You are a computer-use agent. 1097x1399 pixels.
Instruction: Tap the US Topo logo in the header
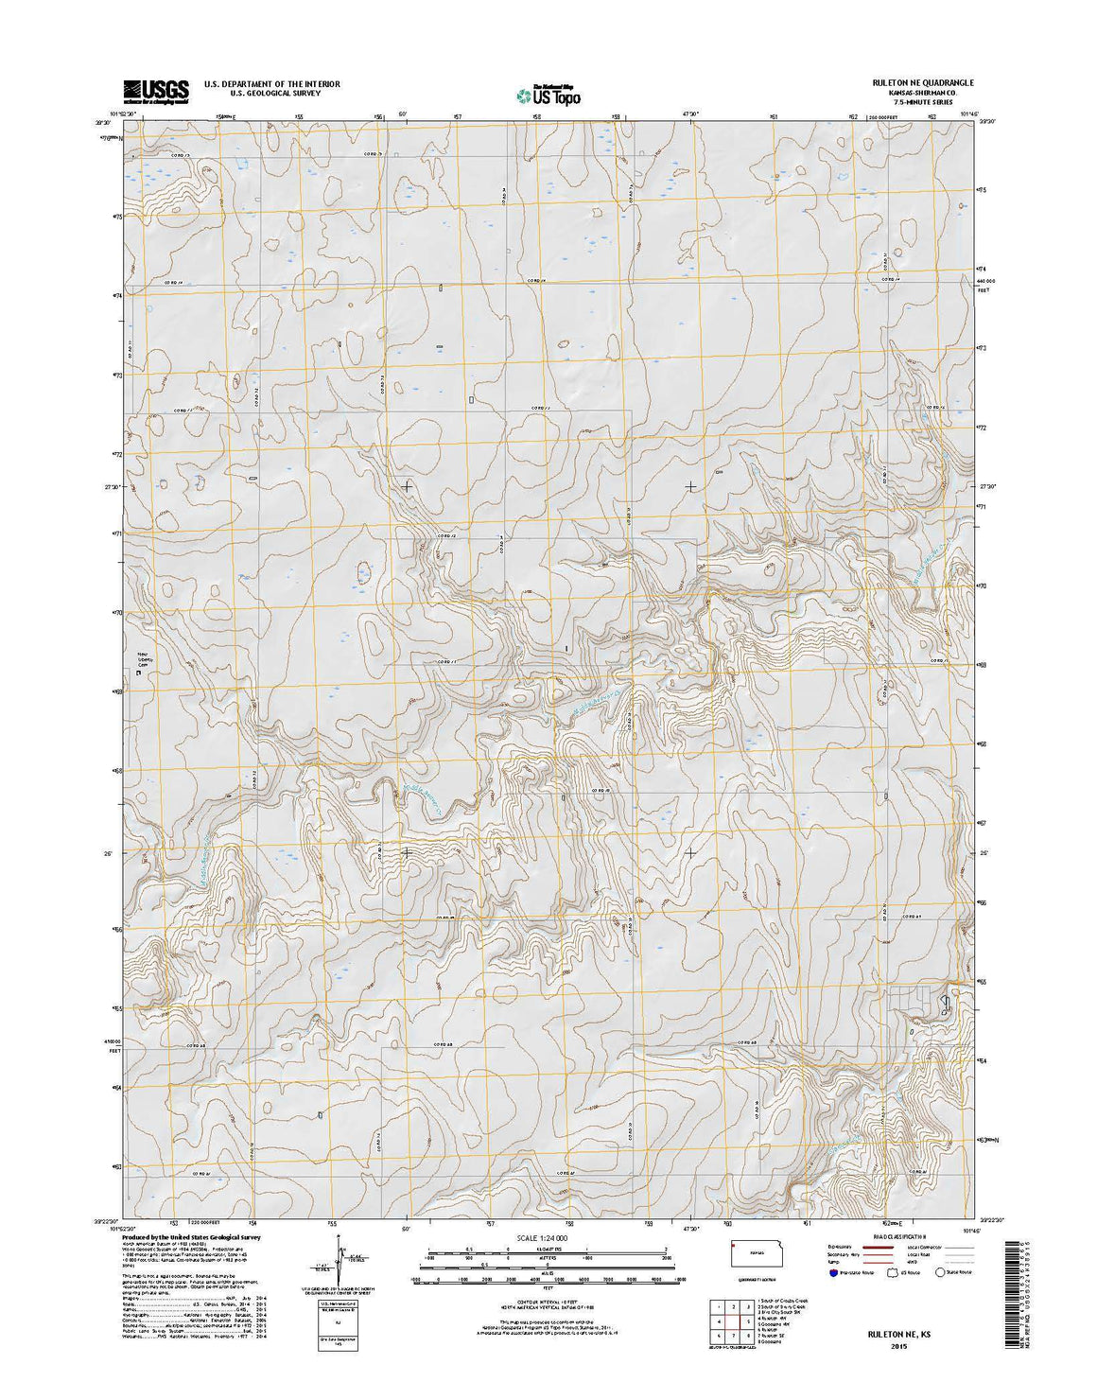pos(548,95)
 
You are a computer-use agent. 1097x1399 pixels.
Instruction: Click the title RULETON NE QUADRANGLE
pos(917,83)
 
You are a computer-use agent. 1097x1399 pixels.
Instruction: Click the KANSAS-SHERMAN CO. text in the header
pos(917,93)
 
